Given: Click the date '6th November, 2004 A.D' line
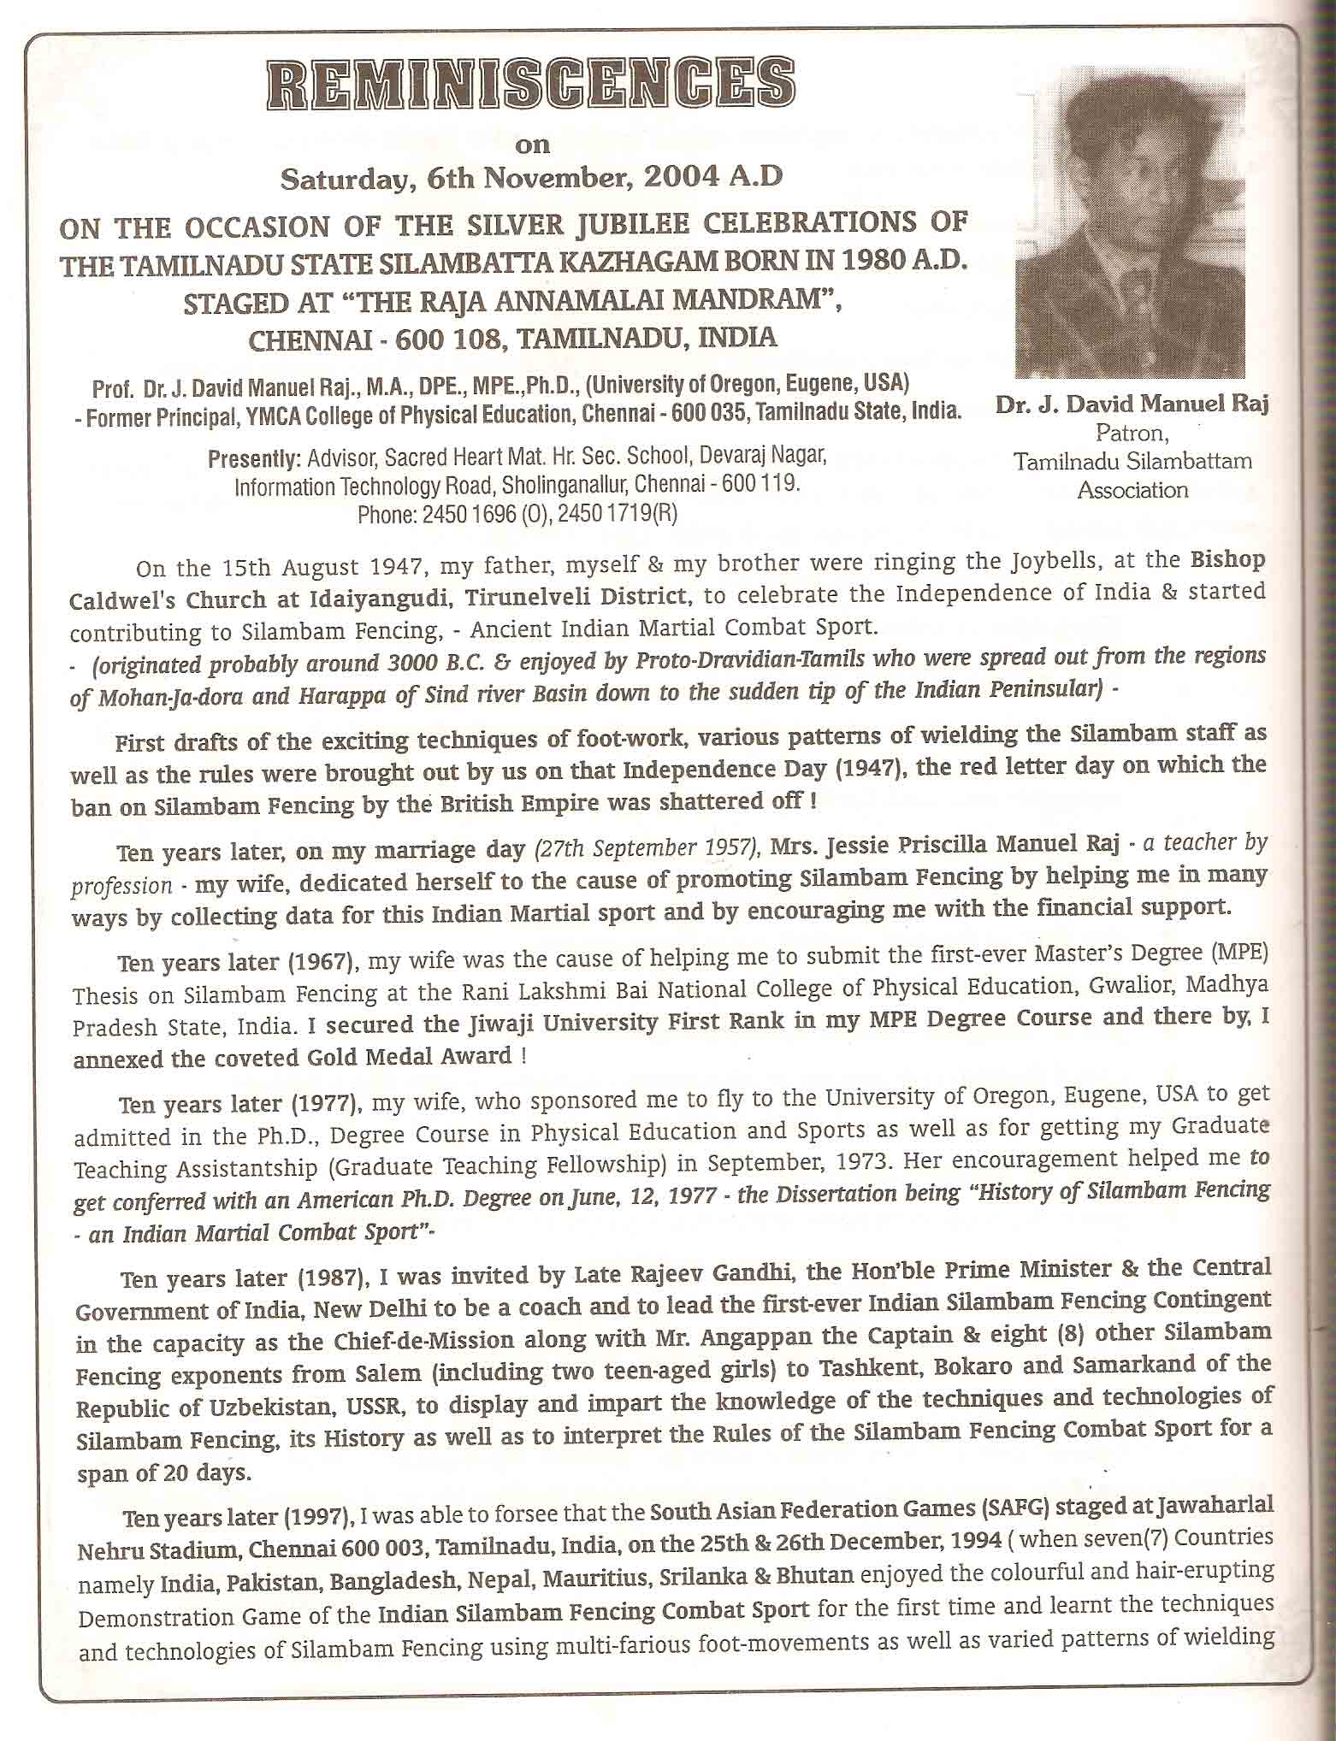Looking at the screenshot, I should tap(532, 180).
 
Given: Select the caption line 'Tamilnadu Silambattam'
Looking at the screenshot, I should tap(1132, 462).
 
